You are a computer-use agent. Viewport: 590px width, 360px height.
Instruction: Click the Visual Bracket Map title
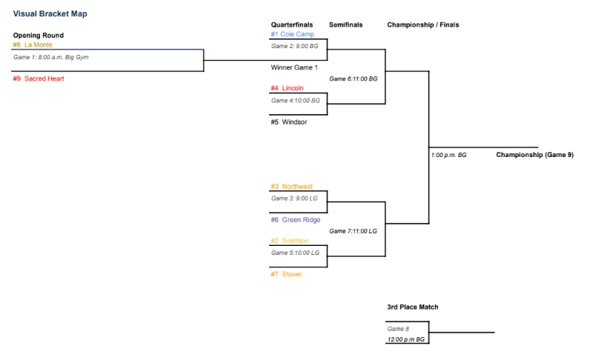pyautogui.click(x=50, y=14)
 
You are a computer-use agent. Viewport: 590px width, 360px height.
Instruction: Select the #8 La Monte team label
pyautogui.click(x=33, y=44)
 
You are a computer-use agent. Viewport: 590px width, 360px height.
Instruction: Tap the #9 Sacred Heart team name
pyautogui.click(x=39, y=79)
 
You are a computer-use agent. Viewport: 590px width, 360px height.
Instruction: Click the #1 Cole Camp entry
pyautogui.click(x=292, y=34)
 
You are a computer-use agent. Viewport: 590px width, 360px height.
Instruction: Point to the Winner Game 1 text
pyautogui.click(x=294, y=67)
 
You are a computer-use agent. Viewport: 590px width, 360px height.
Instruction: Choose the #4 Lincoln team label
pyautogui.click(x=287, y=88)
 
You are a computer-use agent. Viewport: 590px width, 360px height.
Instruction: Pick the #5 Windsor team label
pyautogui.click(x=289, y=122)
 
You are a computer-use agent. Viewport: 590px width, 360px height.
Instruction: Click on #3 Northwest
pyautogui.click(x=291, y=187)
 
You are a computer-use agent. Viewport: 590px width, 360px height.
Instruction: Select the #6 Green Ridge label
pyautogui.click(x=296, y=220)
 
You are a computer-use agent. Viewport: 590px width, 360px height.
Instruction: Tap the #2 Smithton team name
pyautogui.click(x=290, y=241)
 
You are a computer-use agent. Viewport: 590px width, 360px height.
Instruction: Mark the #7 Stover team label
pyautogui.click(x=286, y=274)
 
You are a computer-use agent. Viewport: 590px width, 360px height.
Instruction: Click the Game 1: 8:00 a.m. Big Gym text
pyautogui.click(x=51, y=57)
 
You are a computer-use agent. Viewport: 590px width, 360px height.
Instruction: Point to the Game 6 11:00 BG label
pyautogui.click(x=354, y=79)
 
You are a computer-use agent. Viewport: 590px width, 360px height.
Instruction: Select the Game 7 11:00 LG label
pyautogui.click(x=353, y=231)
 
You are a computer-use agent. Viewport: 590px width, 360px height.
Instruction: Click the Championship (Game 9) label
pyautogui.click(x=534, y=155)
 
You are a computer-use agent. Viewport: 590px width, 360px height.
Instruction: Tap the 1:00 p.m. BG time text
pyautogui.click(x=448, y=155)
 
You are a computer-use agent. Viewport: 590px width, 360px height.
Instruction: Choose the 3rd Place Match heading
pyautogui.click(x=413, y=307)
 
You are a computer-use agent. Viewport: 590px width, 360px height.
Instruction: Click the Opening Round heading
pyautogui.click(x=39, y=36)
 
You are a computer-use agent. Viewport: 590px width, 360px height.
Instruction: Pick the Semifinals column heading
pyautogui.click(x=346, y=25)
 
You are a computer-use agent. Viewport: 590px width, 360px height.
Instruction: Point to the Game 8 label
pyautogui.click(x=398, y=329)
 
